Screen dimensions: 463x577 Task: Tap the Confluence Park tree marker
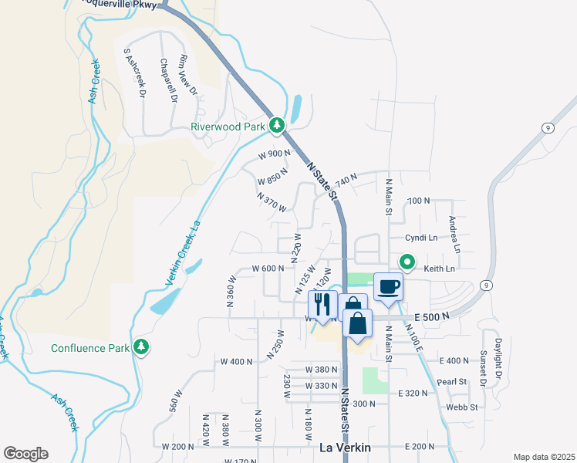(x=140, y=347)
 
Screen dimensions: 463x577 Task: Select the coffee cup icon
(x=389, y=287)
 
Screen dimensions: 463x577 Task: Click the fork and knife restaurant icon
(x=322, y=303)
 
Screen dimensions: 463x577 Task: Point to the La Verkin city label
(x=345, y=447)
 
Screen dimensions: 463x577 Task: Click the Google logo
(x=25, y=454)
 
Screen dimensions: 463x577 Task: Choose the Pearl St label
(x=453, y=381)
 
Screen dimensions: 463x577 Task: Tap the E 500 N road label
(x=432, y=316)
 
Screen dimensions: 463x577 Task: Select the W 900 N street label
(x=274, y=154)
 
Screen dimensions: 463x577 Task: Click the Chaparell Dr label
(x=168, y=81)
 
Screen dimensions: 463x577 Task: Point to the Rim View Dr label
(x=189, y=76)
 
